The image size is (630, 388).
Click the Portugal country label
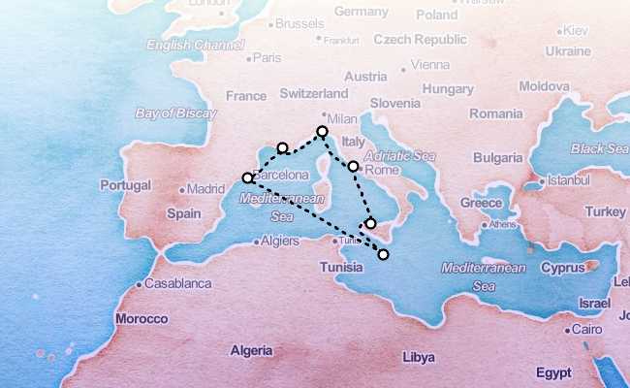coord(126,184)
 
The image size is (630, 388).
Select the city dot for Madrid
coord(181,190)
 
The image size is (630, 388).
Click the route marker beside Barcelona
coord(248,178)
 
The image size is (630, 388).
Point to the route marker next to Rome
coord(353,166)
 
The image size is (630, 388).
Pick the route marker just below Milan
coord(322,131)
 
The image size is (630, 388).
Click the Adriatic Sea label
coord(399,155)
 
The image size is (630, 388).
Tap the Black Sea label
coord(599,148)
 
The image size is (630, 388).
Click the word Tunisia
coord(341,267)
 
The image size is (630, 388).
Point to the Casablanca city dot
coord(140,284)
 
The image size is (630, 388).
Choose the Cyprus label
coord(563,267)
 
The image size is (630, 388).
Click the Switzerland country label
coord(313,93)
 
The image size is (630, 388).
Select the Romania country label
coord(495,113)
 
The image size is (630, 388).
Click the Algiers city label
coord(281,241)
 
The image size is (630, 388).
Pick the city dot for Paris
coord(249,58)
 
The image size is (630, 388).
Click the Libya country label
coord(418,356)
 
